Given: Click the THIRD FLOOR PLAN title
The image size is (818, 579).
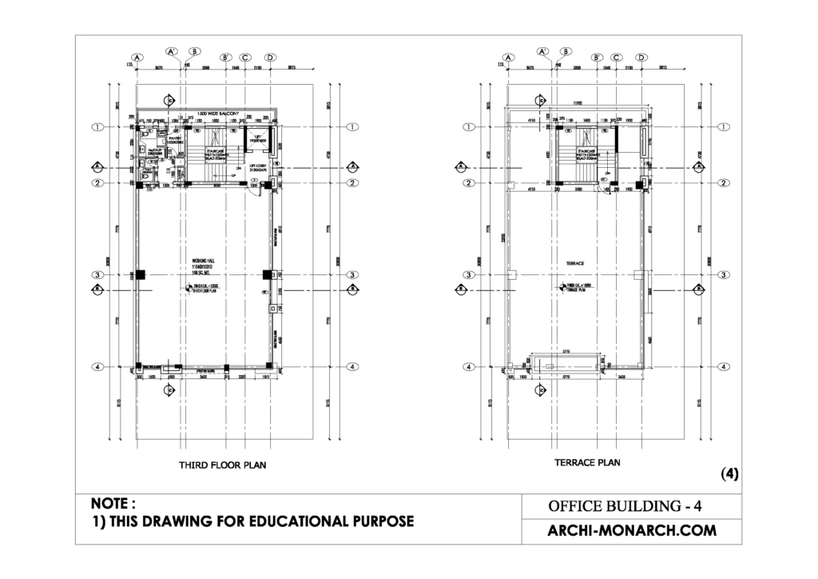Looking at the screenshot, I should pyautogui.click(x=222, y=464).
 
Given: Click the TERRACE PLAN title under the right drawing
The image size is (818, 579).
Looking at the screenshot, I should pyautogui.click(x=587, y=462).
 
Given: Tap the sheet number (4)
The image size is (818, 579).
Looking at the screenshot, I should pyautogui.click(x=729, y=473).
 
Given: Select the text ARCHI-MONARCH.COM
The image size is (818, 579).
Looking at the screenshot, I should pyautogui.click(x=631, y=530).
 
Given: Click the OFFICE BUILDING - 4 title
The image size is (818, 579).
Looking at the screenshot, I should pyautogui.click(x=625, y=506).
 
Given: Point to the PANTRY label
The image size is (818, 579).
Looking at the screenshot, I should pyautogui.click(x=175, y=138).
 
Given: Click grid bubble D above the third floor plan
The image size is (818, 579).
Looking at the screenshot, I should pyautogui.click(x=270, y=58).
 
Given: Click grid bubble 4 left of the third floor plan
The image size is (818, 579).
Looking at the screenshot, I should pyautogui.click(x=97, y=367).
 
